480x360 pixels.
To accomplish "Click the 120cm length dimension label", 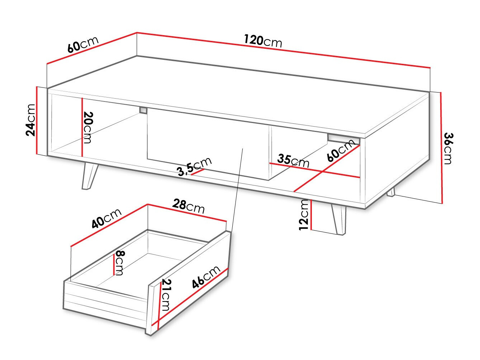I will tap(263, 41).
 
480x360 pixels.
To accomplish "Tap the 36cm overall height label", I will tap(448, 148).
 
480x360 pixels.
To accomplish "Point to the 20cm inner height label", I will tap(88, 127).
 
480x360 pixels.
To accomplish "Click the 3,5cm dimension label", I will tap(195, 167).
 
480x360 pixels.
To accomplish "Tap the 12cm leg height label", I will tap(304, 214).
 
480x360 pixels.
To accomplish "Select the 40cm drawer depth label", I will tap(106, 218).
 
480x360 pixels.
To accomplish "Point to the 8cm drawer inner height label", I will tap(119, 263).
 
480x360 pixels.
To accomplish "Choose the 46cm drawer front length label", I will tap(205, 277).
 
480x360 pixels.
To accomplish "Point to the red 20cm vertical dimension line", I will tap(82, 127).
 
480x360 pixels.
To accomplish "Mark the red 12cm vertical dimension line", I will tap(312, 214).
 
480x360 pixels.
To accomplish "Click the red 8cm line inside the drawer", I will tap(114, 263).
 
